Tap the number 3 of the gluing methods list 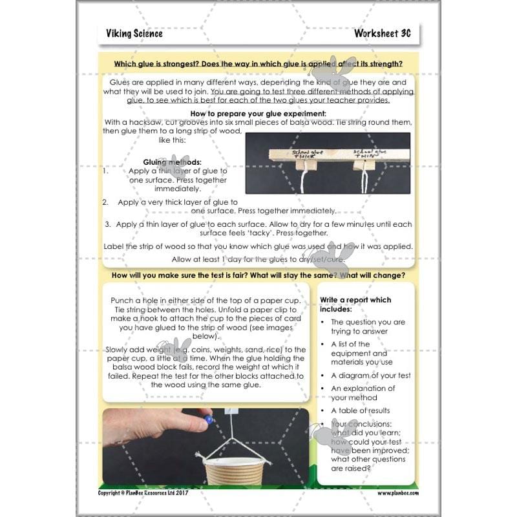click(108, 224)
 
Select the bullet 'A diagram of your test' click(370, 375)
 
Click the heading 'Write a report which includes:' click(355, 304)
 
